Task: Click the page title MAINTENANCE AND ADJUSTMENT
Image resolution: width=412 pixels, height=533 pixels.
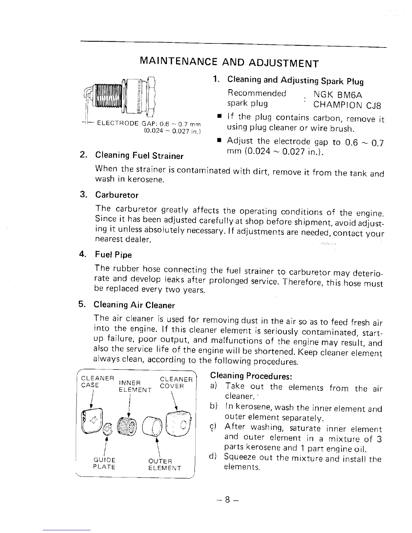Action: [229, 63]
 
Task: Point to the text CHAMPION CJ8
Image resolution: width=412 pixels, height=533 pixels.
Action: [347, 105]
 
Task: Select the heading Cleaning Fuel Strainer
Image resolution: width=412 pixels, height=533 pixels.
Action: [139, 156]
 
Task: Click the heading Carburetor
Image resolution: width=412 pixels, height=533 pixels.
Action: [116, 195]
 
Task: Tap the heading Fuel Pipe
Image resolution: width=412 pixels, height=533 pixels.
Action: [113, 255]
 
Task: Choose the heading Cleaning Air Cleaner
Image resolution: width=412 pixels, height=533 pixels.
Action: [134, 305]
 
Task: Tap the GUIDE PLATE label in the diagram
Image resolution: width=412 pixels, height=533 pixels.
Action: [104, 464]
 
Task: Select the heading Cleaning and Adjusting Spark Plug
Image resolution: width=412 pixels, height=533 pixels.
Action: [295, 81]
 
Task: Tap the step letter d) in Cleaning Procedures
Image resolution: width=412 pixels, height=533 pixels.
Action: [212, 457]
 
